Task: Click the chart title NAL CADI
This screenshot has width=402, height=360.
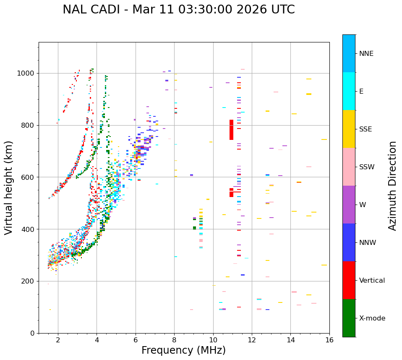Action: click(x=178, y=10)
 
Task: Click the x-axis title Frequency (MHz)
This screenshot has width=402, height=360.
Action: click(x=183, y=350)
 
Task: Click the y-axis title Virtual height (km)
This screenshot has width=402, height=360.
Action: click(x=9, y=187)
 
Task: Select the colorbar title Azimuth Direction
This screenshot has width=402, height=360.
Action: click(x=392, y=186)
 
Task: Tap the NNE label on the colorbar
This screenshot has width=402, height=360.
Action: click(x=366, y=54)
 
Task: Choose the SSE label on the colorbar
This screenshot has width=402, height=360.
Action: click(x=365, y=129)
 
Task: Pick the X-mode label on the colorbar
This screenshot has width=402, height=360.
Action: click(x=372, y=318)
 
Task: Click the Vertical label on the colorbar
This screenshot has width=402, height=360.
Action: click(x=372, y=281)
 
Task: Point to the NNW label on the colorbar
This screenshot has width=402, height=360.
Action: click(x=368, y=243)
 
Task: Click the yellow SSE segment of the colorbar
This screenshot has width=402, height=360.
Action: click(x=349, y=129)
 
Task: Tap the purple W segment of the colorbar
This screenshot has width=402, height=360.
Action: click(x=349, y=205)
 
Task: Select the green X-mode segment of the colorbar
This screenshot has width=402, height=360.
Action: click(x=349, y=318)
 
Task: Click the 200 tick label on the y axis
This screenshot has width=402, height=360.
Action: click(x=29, y=281)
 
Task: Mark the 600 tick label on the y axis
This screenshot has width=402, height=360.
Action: click(x=29, y=177)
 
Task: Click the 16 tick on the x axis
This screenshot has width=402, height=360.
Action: click(x=329, y=340)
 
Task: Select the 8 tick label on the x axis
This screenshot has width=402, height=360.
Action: click(x=174, y=340)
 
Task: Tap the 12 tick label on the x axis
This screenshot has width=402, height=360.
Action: click(x=252, y=340)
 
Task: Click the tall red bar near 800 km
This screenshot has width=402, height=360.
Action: click(x=231, y=130)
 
